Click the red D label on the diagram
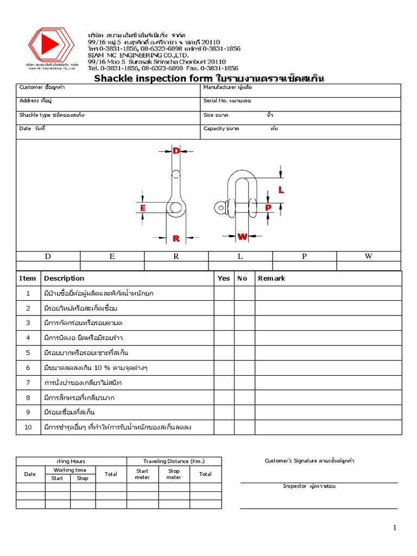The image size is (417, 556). point(176,151)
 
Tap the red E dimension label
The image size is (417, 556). point(143,208)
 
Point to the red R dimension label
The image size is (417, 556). point(176,238)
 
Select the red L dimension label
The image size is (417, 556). point(281,190)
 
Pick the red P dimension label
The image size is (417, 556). point(268,207)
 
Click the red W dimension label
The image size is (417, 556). point(242,237)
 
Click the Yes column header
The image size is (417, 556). point(224,279)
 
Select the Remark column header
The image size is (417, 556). point(271,279)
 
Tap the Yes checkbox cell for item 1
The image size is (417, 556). point(224,293)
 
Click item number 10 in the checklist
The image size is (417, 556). point(28,427)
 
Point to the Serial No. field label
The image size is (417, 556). point(216,101)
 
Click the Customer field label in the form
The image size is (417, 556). point(29,87)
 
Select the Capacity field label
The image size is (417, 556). point(214,129)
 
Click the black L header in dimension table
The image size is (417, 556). point(240,257)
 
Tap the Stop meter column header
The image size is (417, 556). point(174,474)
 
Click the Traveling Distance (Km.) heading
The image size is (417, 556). point(174,462)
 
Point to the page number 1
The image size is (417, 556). point(396,528)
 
